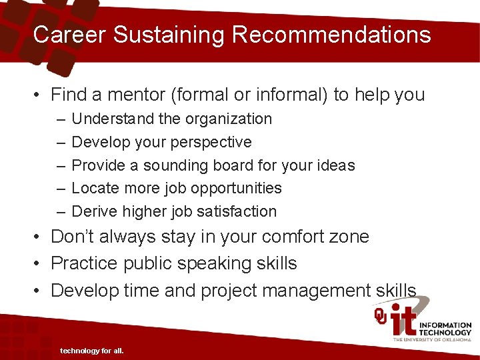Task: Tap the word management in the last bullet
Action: click(318, 291)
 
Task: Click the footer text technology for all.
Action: click(92, 351)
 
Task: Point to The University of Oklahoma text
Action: click(432, 339)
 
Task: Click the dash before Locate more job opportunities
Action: click(61, 189)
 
